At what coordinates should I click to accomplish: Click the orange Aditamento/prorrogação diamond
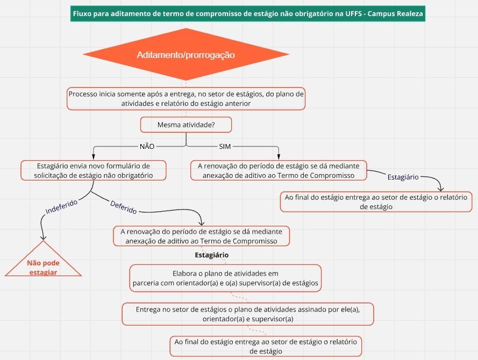point(186,54)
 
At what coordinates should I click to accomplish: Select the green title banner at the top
point(247,14)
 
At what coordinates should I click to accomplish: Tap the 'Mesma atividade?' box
point(186,125)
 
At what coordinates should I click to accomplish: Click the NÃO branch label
point(147,147)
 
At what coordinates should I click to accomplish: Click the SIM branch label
point(225,147)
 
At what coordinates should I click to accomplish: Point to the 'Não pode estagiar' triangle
point(44,262)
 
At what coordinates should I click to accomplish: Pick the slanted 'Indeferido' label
point(61,207)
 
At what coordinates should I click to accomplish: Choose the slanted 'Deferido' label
point(123,207)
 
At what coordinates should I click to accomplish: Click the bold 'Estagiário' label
point(211,255)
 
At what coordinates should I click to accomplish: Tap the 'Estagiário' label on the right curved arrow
point(403,177)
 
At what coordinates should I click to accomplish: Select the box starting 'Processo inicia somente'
point(186,99)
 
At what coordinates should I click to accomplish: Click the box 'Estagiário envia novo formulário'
point(93,170)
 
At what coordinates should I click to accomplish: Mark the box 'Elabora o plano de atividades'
point(225,278)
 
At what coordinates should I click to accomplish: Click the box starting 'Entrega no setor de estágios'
point(248,314)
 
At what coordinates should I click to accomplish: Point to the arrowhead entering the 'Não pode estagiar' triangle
point(44,237)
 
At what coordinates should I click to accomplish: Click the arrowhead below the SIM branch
point(279,157)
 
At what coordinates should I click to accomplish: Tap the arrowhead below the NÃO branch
point(94,157)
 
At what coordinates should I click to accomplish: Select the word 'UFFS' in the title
point(353,14)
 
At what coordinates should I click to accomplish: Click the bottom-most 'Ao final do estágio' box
point(266,346)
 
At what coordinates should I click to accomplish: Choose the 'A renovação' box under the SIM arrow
point(279,170)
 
